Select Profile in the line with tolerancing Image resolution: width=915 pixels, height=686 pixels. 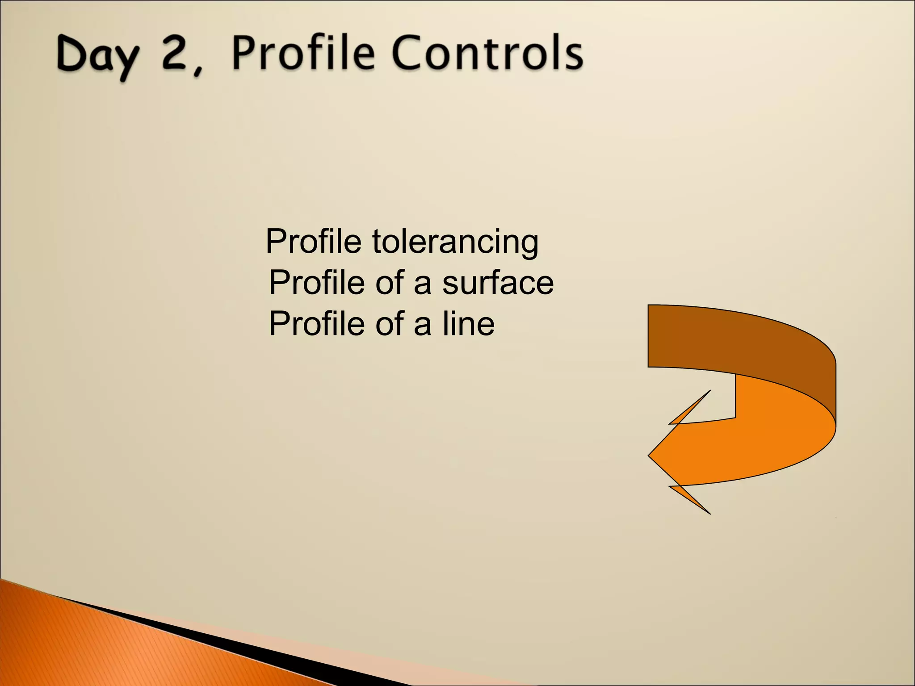[x=313, y=242]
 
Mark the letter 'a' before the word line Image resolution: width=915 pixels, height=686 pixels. [x=422, y=325]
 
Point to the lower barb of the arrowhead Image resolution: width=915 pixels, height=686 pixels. [x=693, y=499]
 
